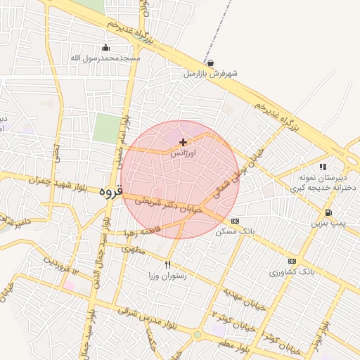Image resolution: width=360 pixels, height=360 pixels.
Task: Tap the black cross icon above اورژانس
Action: pos(184,142)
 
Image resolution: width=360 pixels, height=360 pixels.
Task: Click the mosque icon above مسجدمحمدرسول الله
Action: pos(106,48)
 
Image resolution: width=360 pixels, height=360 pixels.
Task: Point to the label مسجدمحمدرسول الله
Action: pos(106,58)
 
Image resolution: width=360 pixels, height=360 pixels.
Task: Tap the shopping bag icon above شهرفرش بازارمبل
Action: pos(211,63)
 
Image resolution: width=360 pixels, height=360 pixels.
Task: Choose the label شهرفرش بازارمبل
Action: pos(211,73)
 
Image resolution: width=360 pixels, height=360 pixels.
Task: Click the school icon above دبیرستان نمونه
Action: pos(323,167)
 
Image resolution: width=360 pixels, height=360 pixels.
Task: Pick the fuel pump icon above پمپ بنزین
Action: pos(328,213)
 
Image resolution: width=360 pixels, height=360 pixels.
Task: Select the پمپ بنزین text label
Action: pos(328,223)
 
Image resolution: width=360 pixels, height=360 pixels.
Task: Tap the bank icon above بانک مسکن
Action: pos(235,220)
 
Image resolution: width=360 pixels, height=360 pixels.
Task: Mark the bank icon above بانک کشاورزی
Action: pos(292,261)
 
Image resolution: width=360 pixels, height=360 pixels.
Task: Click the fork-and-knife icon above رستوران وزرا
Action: pos(167,265)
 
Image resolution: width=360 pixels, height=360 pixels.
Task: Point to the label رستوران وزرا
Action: pos(167,276)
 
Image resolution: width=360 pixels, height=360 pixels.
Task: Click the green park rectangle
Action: pos(107,129)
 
